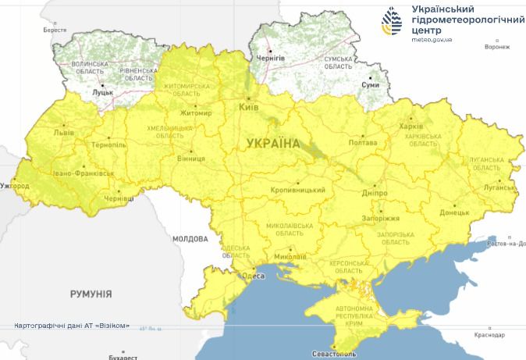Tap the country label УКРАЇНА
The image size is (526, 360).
pyautogui.click(x=272, y=144)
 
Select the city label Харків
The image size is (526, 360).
pyautogui.click(x=410, y=127)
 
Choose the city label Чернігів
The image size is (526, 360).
pyautogui.click(x=270, y=59)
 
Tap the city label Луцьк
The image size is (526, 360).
pyautogui.click(x=102, y=92)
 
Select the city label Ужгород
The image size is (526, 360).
pyautogui.click(x=16, y=187)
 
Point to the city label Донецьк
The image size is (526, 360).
pyautogui.click(x=454, y=212)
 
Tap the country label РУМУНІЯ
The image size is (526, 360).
pyautogui.click(x=91, y=294)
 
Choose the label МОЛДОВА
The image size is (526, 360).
pyautogui.click(x=190, y=237)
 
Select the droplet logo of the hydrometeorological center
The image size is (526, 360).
pyautogui.click(x=392, y=23)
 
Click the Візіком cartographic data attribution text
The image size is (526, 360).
pyautogui.click(x=72, y=325)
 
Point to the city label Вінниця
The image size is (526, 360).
pyautogui.click(x=191, y=159)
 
